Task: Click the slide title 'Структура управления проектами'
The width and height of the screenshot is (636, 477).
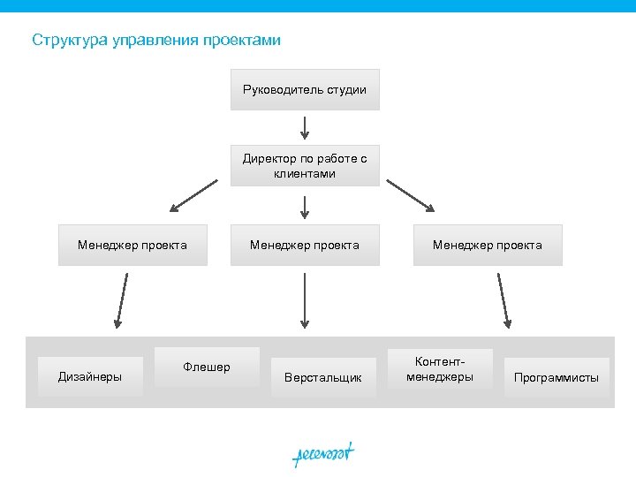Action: point(156,40)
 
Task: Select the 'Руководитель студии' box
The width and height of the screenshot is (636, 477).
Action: point(305,89)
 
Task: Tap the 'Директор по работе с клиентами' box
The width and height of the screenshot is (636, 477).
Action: point(305,165)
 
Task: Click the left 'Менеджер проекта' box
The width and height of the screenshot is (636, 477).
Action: point(132,245)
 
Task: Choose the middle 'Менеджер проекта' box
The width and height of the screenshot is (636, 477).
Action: point(305,245)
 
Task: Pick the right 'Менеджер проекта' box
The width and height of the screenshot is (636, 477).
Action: point(487,245)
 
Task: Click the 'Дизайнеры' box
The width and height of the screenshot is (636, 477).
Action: point(89,376)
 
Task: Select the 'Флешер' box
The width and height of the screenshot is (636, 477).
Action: point(207,367)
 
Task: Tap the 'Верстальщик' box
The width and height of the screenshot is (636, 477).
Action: point(322,377)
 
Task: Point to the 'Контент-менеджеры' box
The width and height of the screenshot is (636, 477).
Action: point(440,369)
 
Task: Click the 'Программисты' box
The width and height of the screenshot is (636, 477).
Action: point(556,377)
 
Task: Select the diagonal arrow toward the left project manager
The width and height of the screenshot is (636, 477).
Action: point(193,195)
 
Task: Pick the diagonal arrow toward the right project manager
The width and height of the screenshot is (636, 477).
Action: point(411,195)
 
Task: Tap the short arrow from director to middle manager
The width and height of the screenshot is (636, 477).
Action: point(305,207)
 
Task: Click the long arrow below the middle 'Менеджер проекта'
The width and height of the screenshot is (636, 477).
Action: point(305,300)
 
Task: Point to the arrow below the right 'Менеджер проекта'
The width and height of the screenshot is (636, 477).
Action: point(504,300)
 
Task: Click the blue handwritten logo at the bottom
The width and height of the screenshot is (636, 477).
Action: point(323,454)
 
